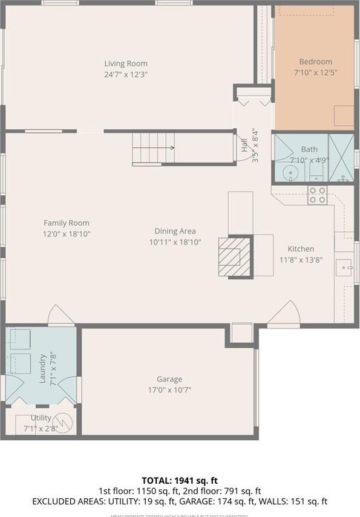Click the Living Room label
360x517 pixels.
tap(126, 63)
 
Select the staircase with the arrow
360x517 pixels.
tap(154, 148)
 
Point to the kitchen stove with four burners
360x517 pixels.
tap(318, 195)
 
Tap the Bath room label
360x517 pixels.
tap(309, 149)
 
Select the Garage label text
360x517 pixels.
tap(169, 379)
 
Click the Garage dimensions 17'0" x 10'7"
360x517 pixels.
tap(169, 389)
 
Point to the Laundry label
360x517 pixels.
tap(42, 368)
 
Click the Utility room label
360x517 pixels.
tap(41, 418)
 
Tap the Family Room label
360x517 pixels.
tap(67, 223)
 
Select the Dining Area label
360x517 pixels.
tap(175, 231)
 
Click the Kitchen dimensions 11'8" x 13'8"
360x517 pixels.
tap(301, 259)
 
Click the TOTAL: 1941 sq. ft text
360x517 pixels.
tap(180, 480)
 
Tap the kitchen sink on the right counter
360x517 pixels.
tap(344, 266)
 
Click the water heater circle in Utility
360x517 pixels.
tap(63, 421)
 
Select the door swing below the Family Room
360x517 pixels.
tap(61, 316)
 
